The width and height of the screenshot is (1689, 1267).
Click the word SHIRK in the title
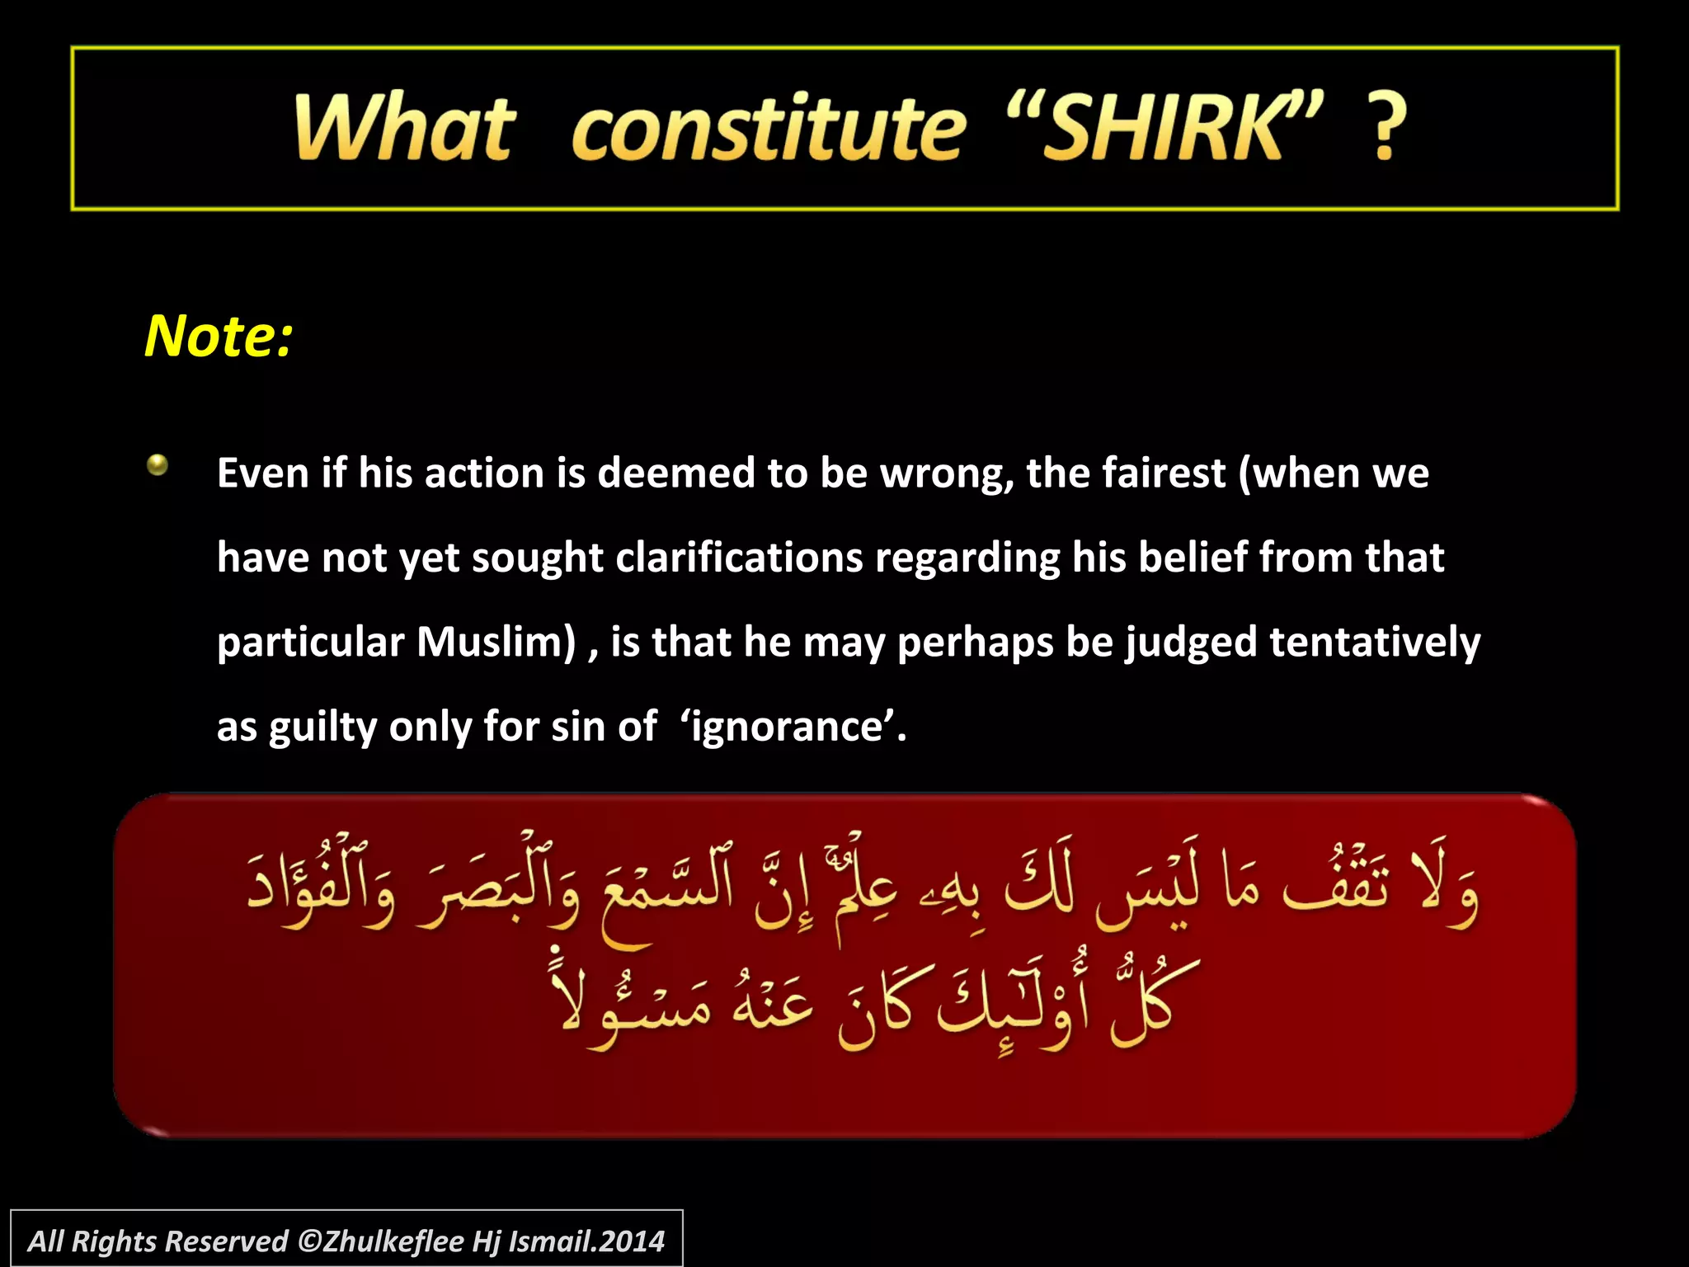[x=1163, y=128]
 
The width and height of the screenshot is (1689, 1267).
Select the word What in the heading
[x=405, y=128]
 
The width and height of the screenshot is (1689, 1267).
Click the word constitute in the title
[x=768, y=128]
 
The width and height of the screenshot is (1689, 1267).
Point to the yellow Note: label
[x=219, y=337]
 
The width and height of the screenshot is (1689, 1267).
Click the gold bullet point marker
[x=158, y=465]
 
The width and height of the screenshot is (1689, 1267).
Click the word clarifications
[x=739, y=558]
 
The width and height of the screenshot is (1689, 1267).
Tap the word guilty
[x=322, y=728]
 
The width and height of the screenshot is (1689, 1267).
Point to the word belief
[x=1193, y=558]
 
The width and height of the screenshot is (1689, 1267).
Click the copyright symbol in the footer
[x=308, y=1241]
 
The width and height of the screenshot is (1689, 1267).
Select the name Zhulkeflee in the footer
[x=393, y=1241]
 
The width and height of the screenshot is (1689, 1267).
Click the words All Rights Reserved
[x=158, y=1241]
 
